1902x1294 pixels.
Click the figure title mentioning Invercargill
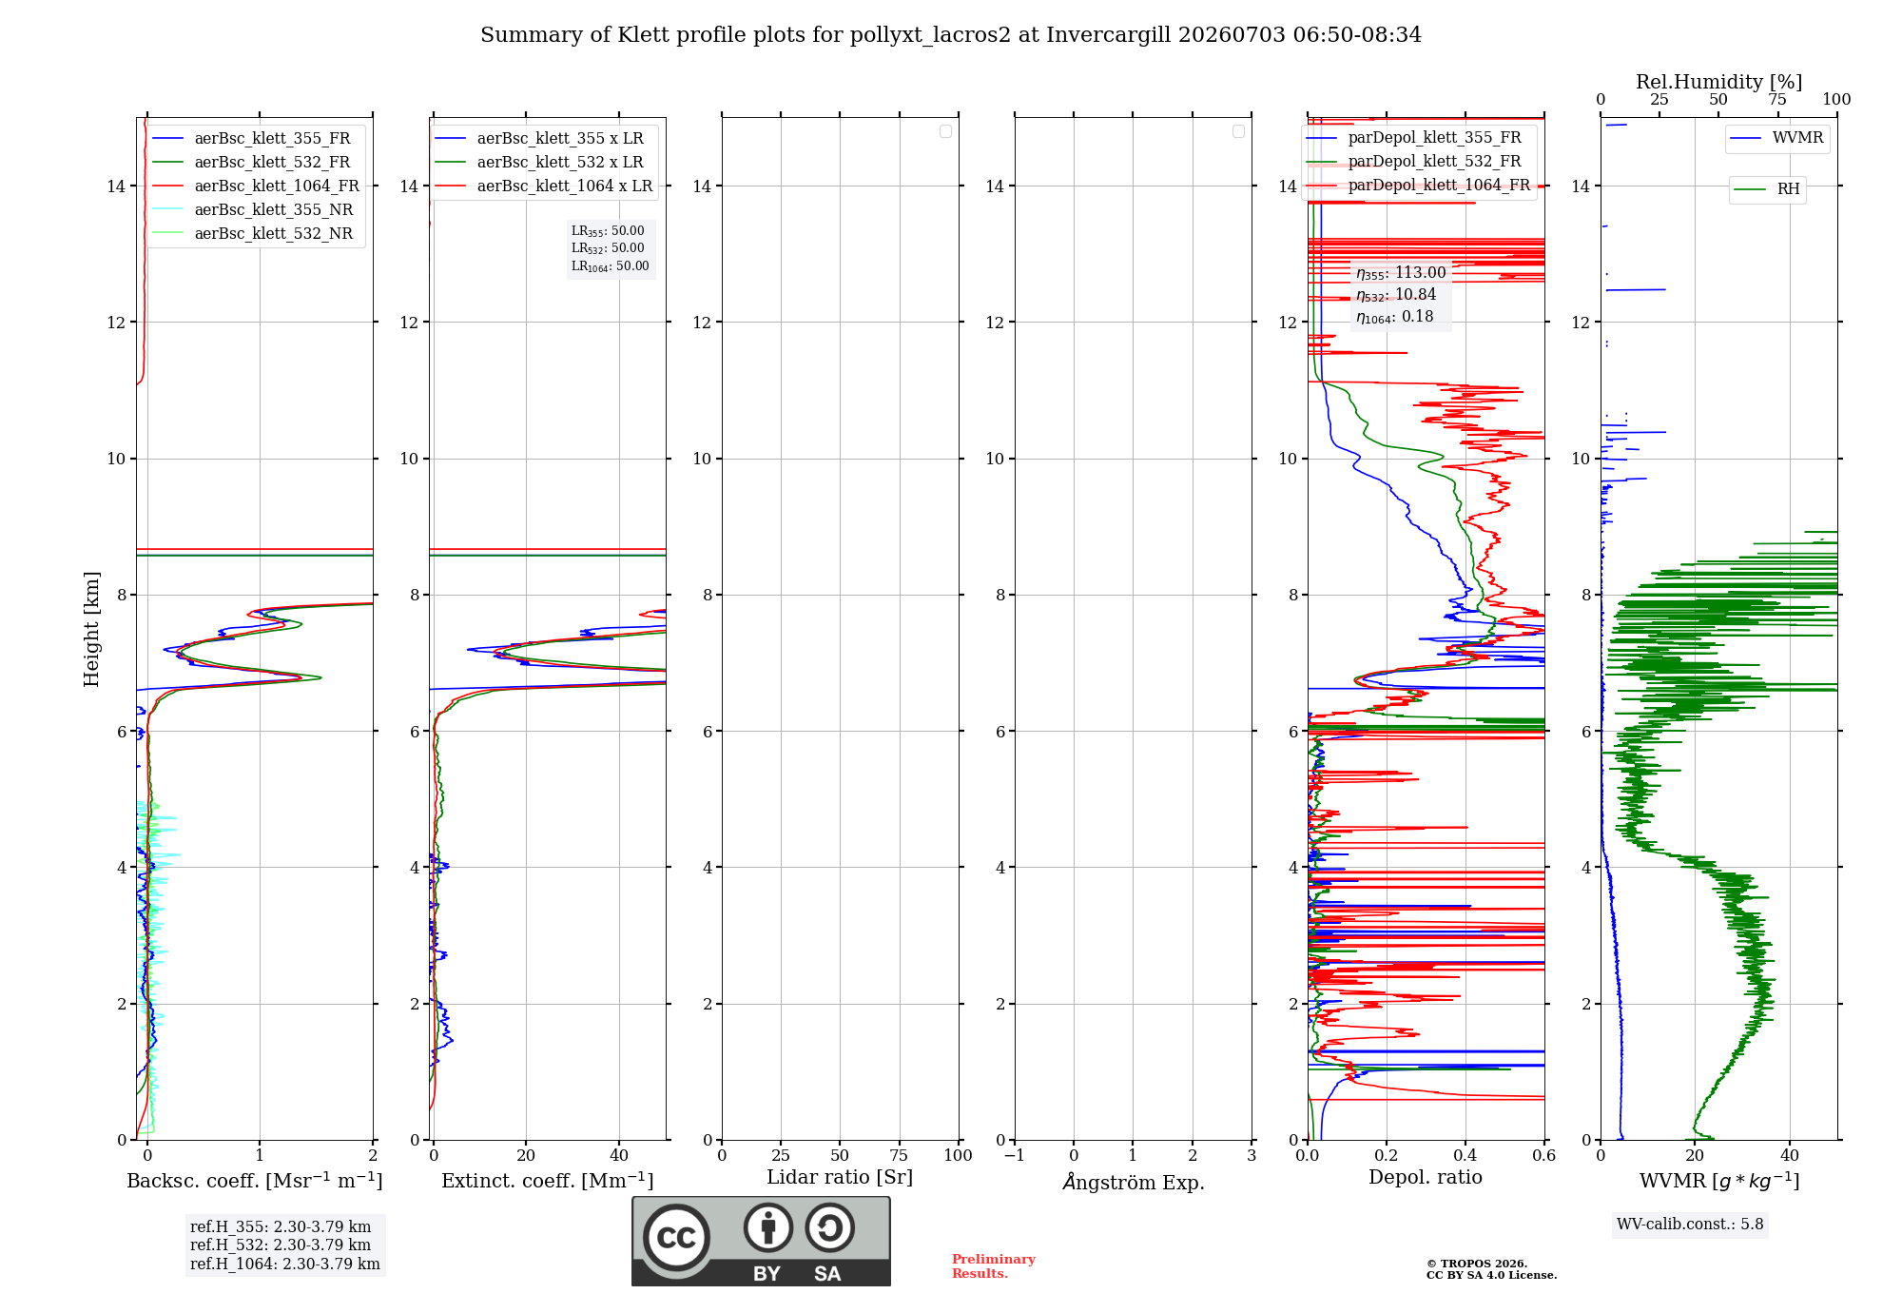pos(951,35)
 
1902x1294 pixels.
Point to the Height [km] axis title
pos(91,629)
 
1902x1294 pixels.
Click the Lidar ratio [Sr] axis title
pos(840,1177)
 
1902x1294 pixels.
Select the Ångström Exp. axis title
pos(1133,1182)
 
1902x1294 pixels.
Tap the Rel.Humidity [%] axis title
pos(1718,82)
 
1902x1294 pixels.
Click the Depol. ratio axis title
pos(1425,1177)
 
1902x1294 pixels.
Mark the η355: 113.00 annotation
pos(1401,273)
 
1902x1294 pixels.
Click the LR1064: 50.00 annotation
pos(610,266)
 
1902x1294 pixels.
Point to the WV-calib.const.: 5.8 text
pos(1690,1224)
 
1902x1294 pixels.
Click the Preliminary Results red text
pos(994,1265)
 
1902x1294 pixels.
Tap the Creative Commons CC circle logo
pos(676,1237)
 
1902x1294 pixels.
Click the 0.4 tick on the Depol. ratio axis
pos(1465,1155)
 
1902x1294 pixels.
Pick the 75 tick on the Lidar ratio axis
pos(899,1155)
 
